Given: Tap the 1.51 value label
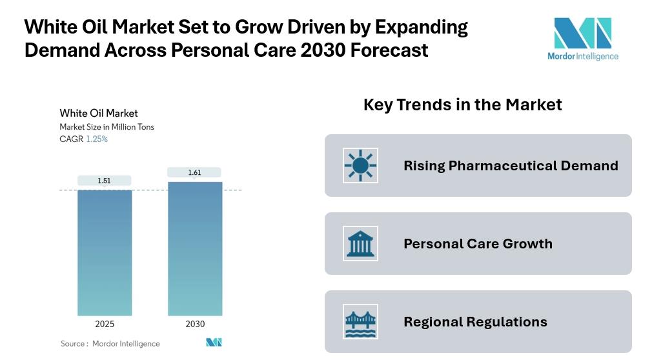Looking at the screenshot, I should tap(105, 181).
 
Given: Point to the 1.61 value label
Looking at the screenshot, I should tap(194, 172).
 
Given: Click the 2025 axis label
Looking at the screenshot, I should tap(105, 324).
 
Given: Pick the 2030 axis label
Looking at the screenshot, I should tap(195, 324).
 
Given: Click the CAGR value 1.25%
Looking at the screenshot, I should tap(97, 139).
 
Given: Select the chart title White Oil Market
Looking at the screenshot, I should tap(99, 113).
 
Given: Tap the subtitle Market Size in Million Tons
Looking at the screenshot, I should tap(107, 127).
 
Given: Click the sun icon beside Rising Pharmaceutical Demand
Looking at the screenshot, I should tap(360, 165).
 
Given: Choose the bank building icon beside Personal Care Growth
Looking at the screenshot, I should tap(360, 244).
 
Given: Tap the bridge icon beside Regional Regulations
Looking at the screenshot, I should tap(360, 322).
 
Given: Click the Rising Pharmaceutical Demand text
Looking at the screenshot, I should tap(511, 166).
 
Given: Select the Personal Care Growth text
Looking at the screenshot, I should tap(478, 244).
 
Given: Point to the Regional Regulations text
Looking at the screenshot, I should tap(475, 322).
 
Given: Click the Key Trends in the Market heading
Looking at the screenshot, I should tap(462, 105).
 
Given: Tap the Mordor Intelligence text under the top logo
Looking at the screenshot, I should tap(583, 56).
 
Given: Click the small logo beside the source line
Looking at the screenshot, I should tap(214, 343).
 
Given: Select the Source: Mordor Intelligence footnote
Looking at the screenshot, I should tap(110, 343).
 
